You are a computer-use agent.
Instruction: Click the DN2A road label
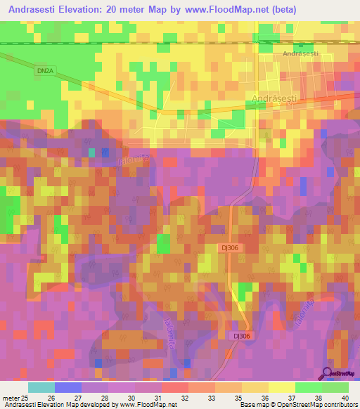point(44,71)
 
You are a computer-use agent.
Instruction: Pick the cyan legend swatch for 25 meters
point(41,387)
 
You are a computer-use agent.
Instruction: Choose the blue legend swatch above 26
point(68,387)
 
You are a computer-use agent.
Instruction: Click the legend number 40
point(344,397)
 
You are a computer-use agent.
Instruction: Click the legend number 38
point(317,397)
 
